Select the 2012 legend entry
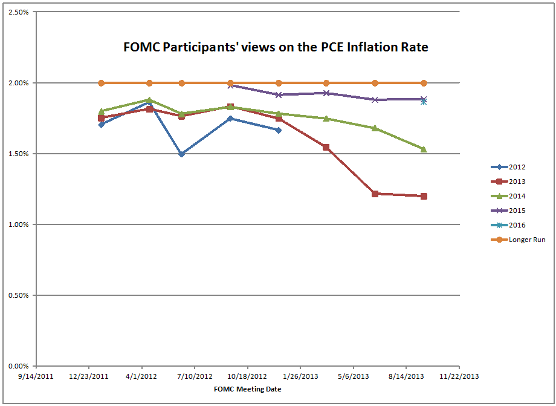[517, 167]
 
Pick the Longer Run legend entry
[525, 240]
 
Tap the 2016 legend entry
[517, 225]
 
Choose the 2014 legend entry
[517, 196]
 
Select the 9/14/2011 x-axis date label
[37, 376]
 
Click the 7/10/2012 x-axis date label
[195, 376]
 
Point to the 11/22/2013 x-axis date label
[459, 376]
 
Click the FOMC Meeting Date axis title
[247, 389]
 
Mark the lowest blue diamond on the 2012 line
[181, 154]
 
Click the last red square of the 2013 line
[424, 196]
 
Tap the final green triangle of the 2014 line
[424, 149]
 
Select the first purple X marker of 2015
[230, 85]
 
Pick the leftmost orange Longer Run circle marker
[102, 83]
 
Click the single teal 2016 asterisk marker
[424, 102]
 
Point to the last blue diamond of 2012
[278, 130]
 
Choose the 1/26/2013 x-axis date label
[300, 376]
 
